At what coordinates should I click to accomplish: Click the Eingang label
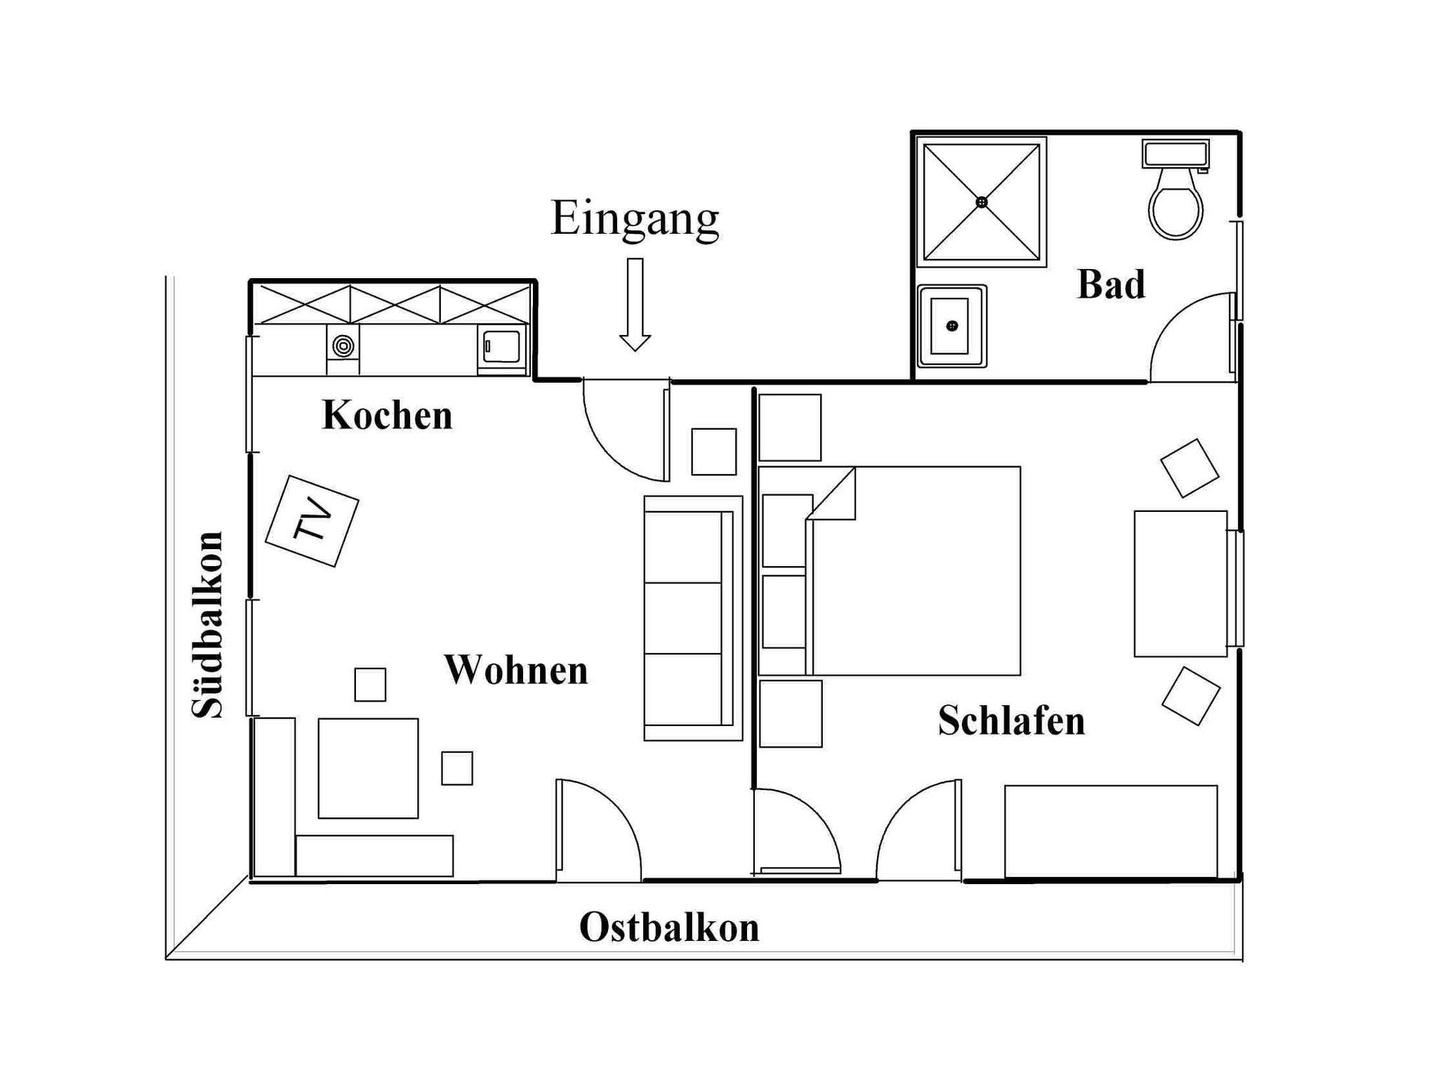[x=635, y=218]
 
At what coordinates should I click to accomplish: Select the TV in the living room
[x=312, y=521]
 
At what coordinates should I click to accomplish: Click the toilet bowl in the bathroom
[x=1175, y=204]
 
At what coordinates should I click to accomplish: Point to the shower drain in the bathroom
[x=982, y=202]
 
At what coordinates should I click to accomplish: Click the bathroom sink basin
[x=949, y=327]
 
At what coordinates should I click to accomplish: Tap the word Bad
[x=1111, y=285]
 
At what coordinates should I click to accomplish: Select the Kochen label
[x=387, y=416]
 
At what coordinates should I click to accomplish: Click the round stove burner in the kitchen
[x=343, y=345]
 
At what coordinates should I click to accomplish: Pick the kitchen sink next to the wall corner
[x=501, y=347]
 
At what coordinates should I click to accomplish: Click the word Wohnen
[x=516, y=670]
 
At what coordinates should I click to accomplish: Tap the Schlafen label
[x=1011, y=721]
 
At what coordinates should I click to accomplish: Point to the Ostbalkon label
[x=669, y=928]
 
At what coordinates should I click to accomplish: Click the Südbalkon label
[x=208, y=625]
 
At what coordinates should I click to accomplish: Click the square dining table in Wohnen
[x=368, y=768]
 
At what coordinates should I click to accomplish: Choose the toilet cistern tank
[x=1175, y=154]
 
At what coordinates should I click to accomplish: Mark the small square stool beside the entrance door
[x=713, y=452]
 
